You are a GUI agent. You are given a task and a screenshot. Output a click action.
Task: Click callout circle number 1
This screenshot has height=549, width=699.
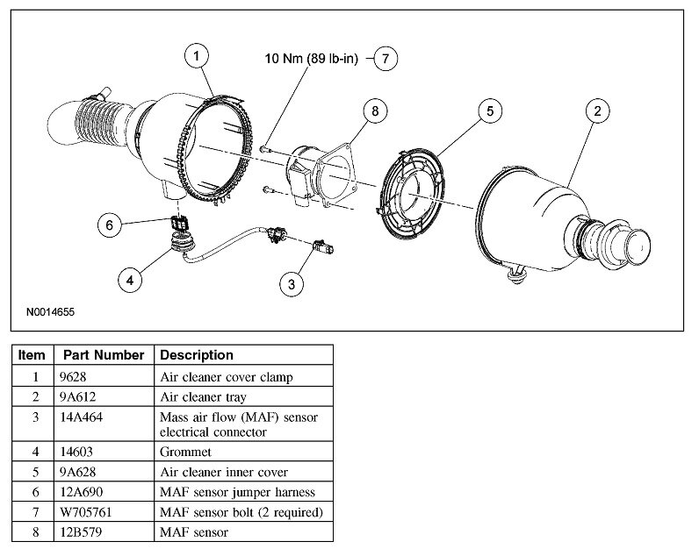198,55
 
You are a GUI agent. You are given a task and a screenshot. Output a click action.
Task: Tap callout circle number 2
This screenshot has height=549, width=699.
597,111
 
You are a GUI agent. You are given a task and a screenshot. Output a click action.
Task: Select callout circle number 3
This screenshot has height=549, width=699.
291,282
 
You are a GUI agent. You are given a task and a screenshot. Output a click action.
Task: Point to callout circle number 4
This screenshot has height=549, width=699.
130,280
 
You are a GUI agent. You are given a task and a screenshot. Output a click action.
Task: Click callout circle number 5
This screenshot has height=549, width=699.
490,111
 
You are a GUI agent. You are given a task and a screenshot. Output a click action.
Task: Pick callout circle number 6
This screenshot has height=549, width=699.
110,225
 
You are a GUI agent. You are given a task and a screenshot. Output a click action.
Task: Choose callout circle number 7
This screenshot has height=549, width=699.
385,59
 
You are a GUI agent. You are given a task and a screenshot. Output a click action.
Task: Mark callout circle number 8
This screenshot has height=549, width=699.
375,111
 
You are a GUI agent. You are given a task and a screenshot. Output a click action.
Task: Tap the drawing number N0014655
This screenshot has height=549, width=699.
55,310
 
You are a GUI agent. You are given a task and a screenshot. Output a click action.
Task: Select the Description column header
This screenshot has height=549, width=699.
196,355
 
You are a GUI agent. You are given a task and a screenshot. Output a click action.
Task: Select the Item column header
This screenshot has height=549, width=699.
32,355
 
